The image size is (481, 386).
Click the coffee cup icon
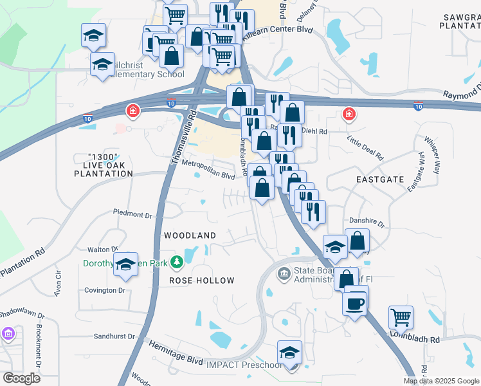[354, 302]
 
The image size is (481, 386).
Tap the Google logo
[21, 378]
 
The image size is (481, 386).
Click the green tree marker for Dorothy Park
[175, 262]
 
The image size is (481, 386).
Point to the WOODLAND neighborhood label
[190, 235]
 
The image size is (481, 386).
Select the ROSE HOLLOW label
[201, 281]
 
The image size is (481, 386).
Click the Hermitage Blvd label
[176, 358]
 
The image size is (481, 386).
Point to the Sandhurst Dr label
[114, 336]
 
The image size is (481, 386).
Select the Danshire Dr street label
[367, 224]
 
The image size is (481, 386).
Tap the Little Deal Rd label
[365, 147]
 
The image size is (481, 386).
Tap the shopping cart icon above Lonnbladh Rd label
[401, 317]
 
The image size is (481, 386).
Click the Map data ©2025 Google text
[440, 381]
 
